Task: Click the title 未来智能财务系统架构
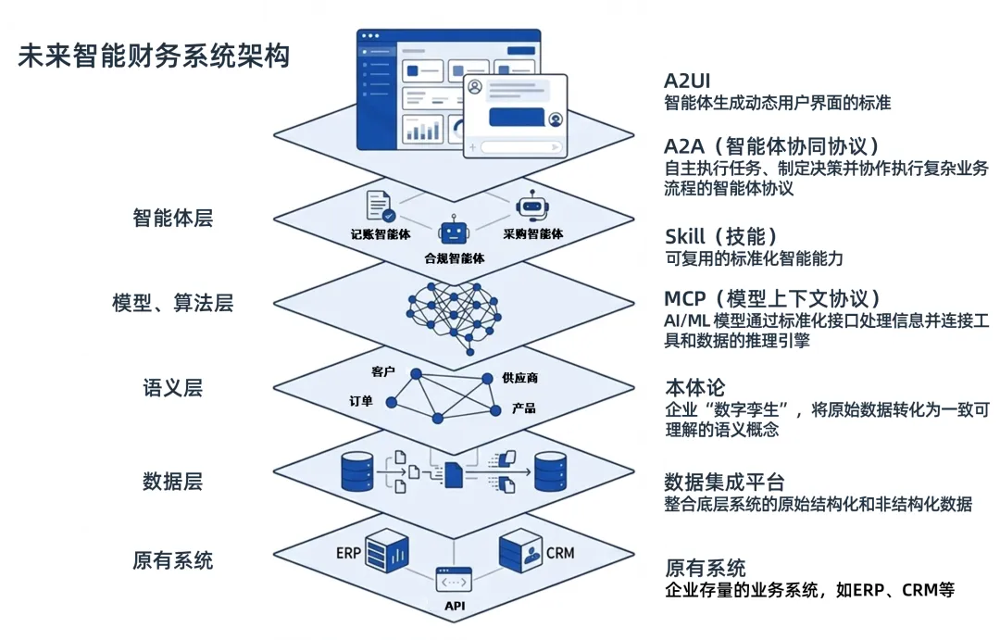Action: (154, 56)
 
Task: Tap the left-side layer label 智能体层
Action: (173, 219)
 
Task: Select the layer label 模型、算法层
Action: (173, 303)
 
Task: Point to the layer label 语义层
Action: (173, 387)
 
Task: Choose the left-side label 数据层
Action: (173, 481)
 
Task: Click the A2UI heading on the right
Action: (687, 81)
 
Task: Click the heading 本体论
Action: (695, 387)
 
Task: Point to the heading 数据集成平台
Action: (724, 482)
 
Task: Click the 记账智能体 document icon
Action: (381, 207)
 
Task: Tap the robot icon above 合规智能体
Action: (454, 230)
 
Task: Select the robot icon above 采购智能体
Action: (532, 206)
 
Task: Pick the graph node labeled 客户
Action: (416, 374)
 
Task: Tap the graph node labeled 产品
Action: (495, 411)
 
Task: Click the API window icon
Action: (454, 580)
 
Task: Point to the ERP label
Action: (348, 553)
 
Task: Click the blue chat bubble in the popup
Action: (517, 118)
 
